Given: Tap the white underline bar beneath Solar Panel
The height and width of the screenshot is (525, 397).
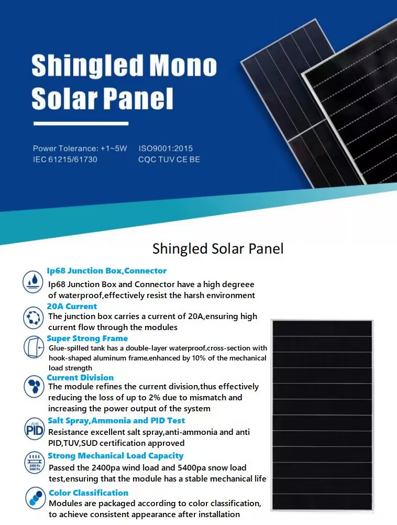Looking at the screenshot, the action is click(81, 124).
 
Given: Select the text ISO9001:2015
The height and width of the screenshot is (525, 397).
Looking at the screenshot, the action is click(166, 148).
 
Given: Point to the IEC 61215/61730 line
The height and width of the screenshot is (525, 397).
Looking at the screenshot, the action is click(65, 159).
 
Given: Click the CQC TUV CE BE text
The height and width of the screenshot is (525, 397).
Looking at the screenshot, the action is click(169, 159).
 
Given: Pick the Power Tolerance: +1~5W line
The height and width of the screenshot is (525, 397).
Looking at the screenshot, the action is click(80, 148).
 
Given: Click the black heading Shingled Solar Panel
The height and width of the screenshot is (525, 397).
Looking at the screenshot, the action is click(218, 249).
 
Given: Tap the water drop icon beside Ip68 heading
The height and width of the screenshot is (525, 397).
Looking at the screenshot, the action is click(33, 281).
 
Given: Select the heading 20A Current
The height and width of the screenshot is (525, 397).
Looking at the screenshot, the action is click(72, 307).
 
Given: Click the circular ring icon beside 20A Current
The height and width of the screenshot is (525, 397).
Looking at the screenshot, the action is click(33, 317).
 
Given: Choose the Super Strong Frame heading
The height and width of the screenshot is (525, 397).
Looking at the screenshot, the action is click(87, 338).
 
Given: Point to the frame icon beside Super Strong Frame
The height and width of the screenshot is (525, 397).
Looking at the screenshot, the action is click(34, 347).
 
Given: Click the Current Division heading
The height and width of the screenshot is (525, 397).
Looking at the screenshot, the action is click(80, 378).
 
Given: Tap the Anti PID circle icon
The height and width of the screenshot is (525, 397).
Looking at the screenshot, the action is click(34, 429).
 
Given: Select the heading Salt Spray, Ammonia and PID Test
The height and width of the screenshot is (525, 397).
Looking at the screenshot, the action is click(116, 421).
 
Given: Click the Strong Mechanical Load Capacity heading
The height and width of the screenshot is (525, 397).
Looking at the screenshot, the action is click(115, 456).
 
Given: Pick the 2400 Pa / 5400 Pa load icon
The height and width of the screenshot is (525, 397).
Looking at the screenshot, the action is click(35, 463).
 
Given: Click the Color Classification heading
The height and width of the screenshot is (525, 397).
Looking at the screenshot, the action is click(89, 493).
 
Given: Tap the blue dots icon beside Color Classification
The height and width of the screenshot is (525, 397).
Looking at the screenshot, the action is click(35, 498).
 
